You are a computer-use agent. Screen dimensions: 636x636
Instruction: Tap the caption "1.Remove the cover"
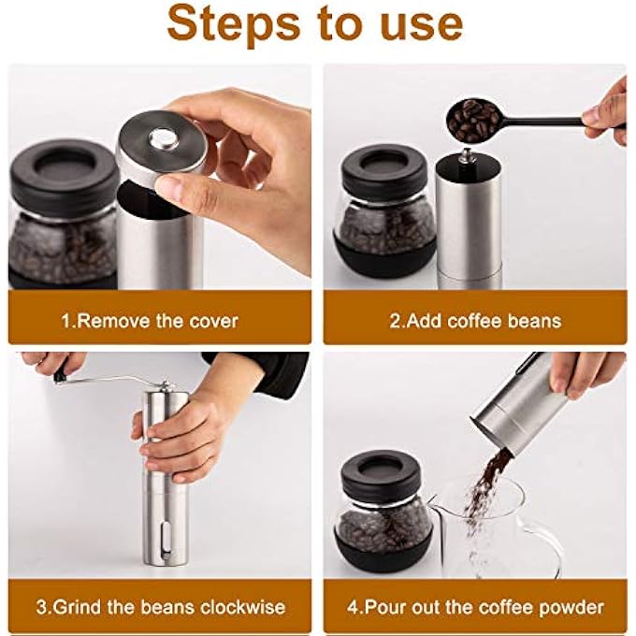pyautogui.click(x=150, y=321)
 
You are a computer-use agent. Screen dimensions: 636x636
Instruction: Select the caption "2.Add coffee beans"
pyautogui.click(x=475, y=321)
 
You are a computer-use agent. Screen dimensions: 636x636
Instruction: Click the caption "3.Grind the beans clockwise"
pyautogui.click(x=160, y=607)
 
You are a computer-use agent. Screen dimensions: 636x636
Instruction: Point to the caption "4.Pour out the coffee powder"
pyautogui.click(x=475, y=607)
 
